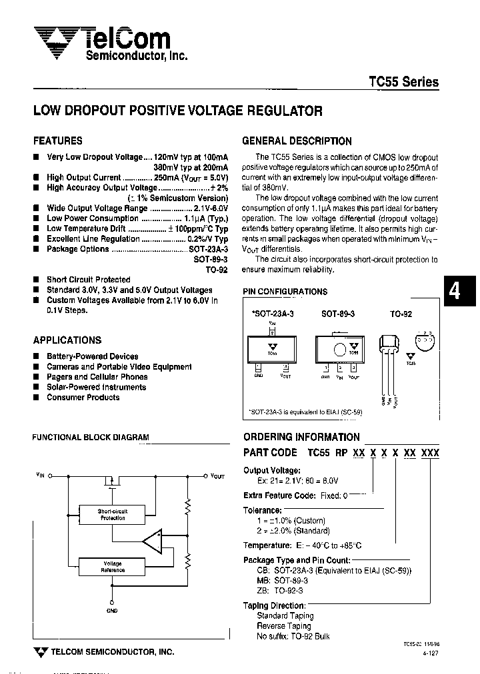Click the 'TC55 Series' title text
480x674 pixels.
[x=403, y=82]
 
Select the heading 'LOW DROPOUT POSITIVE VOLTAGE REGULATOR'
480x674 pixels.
[x=178, y=111]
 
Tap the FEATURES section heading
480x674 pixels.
[x=58, y=141]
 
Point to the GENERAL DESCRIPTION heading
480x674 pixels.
[x=297, y=141]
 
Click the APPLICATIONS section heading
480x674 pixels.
[x=67, y=340]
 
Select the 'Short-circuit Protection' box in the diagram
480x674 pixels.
[x=113, y=514]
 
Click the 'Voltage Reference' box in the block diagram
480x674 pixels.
[x=113, y=567]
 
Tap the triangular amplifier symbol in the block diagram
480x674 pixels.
[x=153, y=540]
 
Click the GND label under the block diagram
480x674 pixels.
[x=111, y=611]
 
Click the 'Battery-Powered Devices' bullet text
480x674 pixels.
[x=92, y=356]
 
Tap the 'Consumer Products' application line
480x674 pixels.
[x=83, y=398]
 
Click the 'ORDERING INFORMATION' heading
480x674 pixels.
[x=301, y=437]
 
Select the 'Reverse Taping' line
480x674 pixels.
[x=284, y=626]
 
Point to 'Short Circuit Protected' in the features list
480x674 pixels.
[x=88, y=280]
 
